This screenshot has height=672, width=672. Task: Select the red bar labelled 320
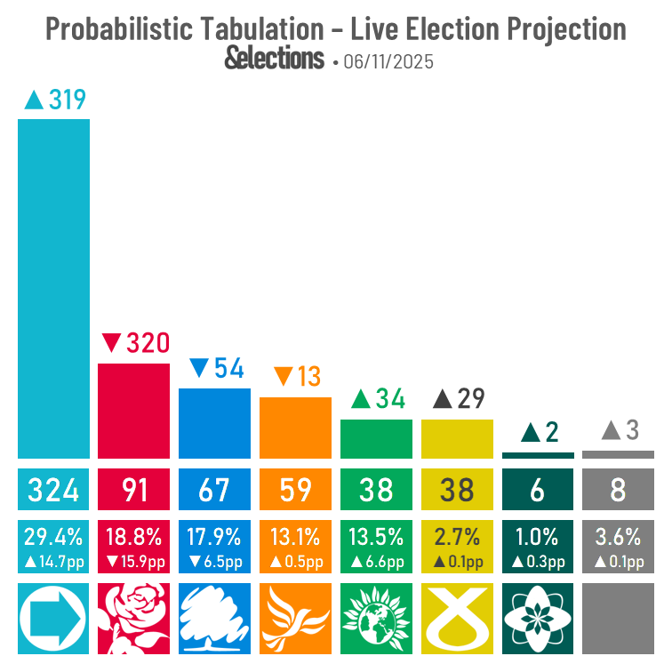coord(133,410)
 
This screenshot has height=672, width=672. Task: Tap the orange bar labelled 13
coord(295,427)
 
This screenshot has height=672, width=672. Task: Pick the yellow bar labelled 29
coord(457,438)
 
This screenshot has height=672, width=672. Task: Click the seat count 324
coord(53,489)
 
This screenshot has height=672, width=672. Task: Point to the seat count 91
coord(133,489)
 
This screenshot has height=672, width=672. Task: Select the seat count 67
coord(214,489)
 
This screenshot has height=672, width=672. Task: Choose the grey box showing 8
coord(618,489)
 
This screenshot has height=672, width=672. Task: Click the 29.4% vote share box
coord(53,546)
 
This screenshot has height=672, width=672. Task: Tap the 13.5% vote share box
coord(376,546)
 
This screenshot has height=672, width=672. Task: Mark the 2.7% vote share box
coord(457,546)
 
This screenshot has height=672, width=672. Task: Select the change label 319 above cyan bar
coord(55,100)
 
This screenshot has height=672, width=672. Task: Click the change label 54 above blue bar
coord(216,368)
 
